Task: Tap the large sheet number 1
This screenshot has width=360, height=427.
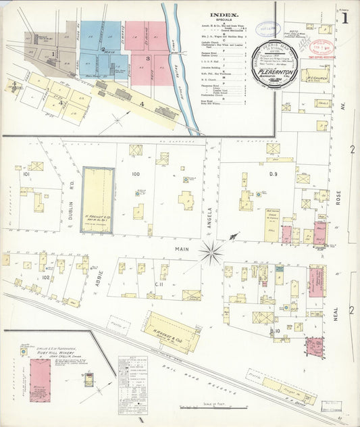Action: coord(345,18)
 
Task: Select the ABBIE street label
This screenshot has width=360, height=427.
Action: coord(99,277)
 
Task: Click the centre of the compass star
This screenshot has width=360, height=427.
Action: coord(211,253)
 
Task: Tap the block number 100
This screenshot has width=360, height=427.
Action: coord(136,174)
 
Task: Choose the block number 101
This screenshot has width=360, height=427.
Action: coord(26,174)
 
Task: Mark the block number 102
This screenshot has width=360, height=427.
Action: coord(46,277)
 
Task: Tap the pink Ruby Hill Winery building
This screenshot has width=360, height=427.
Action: coord(41,380)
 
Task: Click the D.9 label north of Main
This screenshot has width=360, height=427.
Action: coord(273,174)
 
